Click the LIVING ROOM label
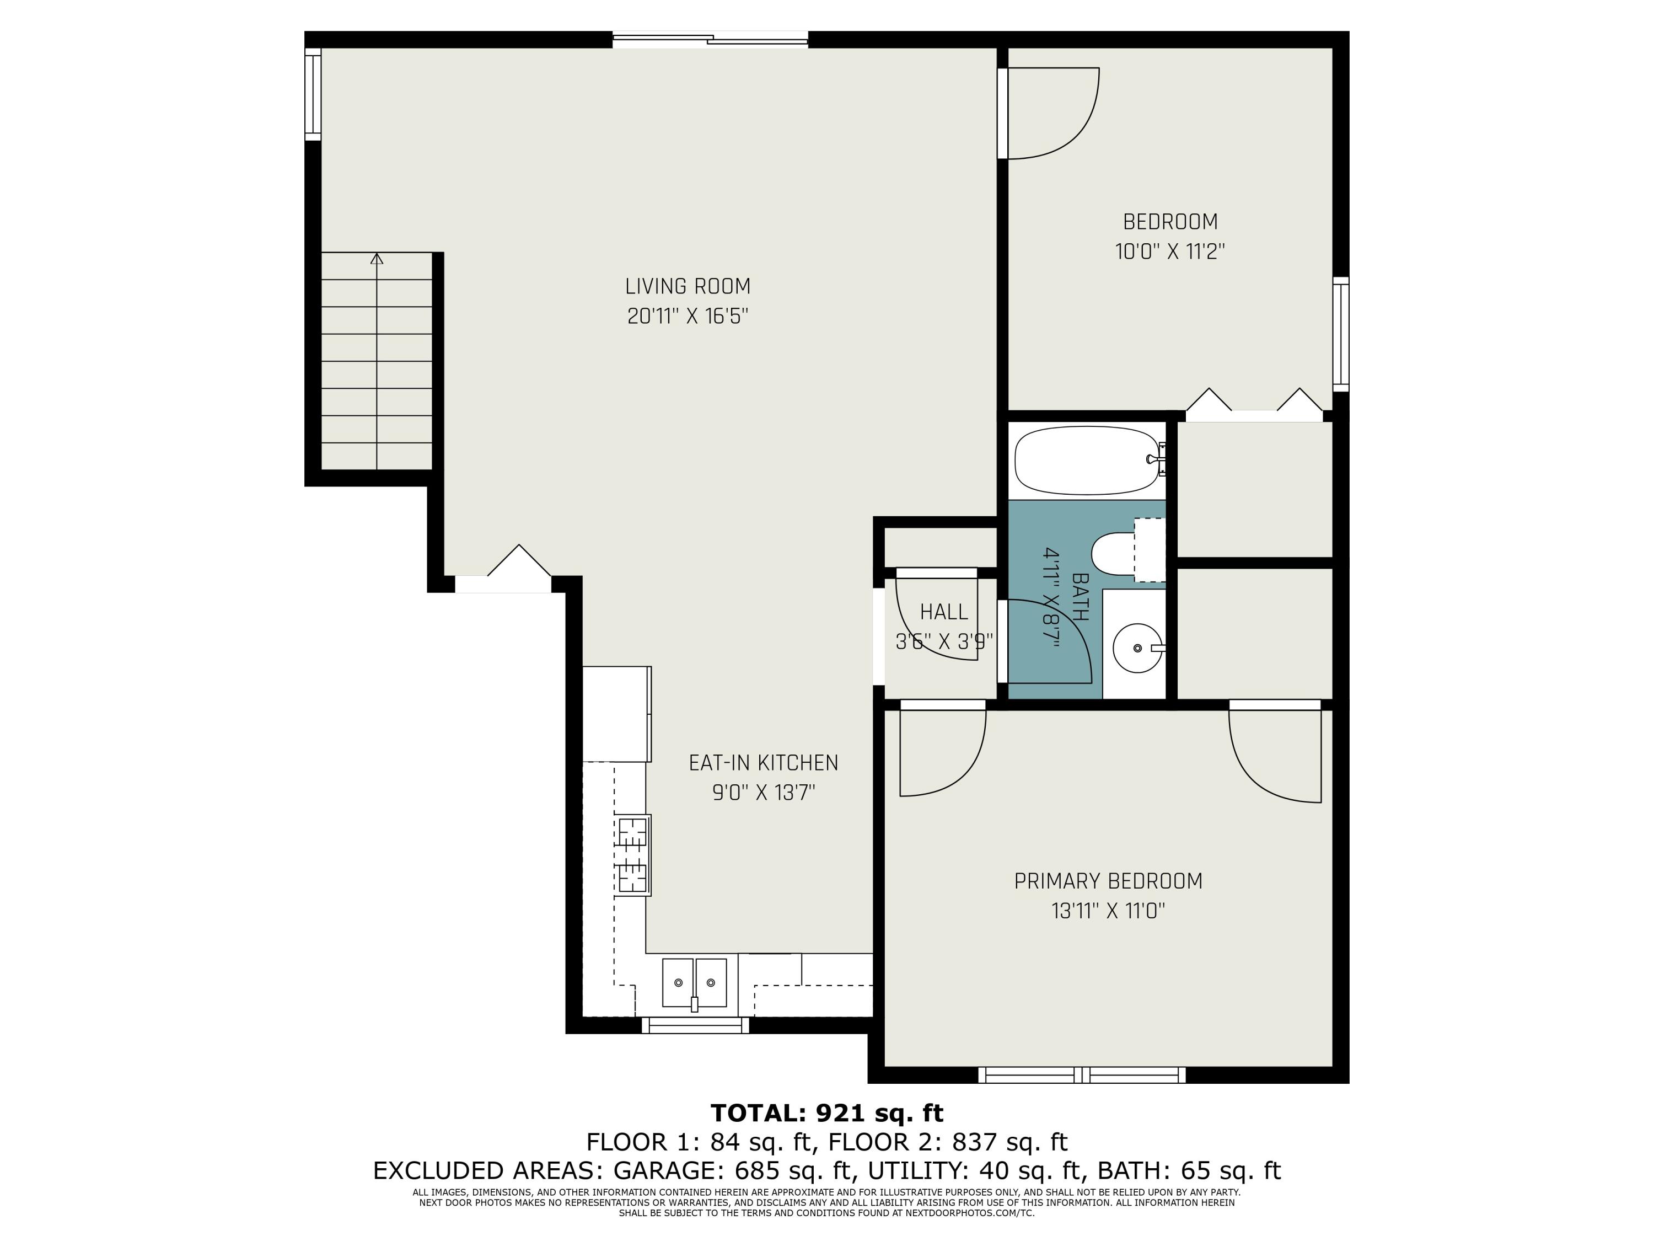point(687,286)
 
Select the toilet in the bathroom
point(1118,554)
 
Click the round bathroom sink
point(1136,648)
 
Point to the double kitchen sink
point(694,983)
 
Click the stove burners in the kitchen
point(632,854)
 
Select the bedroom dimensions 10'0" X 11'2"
point(1169,252)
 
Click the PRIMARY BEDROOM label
point(1108,881)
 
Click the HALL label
point(944,612)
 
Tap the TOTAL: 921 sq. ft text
point(826,1113)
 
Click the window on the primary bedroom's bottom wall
point(1082,1075)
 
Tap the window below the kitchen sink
point(695,1025)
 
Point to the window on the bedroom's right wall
point(1341,334)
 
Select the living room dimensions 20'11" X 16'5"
point(687,317)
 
